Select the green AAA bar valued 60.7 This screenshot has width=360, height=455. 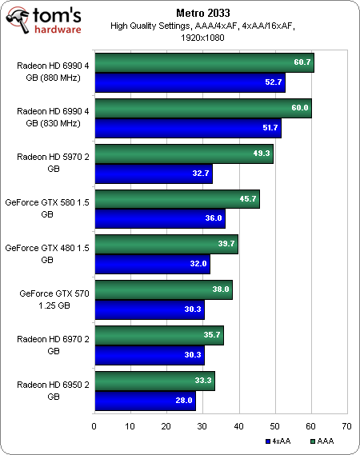pos(204,62)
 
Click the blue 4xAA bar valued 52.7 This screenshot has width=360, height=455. pos(190,82)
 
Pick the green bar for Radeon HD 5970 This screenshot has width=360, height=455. pos(184,154)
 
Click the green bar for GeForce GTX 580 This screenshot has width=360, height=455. pos(177,198)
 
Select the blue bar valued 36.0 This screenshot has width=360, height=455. pos(159,217)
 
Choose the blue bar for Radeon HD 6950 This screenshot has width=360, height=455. pos(145,397)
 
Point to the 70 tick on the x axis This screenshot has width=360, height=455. pos(346,425)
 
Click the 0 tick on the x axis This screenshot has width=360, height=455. pos(94,425)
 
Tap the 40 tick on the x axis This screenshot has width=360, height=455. pos(238,425)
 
